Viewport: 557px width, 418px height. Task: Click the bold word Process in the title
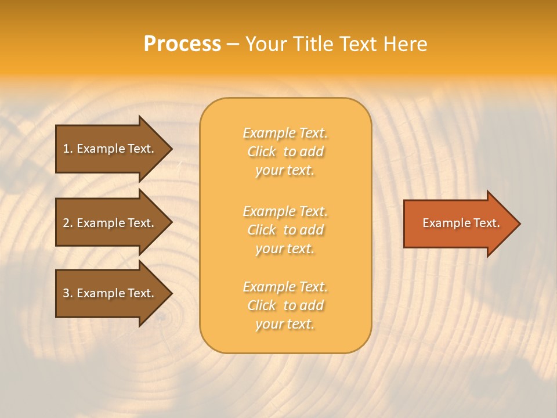click(182, 44)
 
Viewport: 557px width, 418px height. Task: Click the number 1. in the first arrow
click(68, 149)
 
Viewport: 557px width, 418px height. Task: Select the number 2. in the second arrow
click(68, 223)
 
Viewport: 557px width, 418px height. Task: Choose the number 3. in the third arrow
click(68, 293)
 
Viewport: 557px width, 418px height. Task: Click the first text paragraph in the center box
click(285, 152)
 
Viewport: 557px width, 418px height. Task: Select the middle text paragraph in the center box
click(285, 230)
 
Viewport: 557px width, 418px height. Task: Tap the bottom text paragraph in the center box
click(285, 305)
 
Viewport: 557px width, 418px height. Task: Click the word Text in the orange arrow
click(486, 223)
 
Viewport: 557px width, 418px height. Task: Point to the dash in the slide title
click(233, 45)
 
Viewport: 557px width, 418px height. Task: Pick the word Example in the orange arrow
click(445, 223)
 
